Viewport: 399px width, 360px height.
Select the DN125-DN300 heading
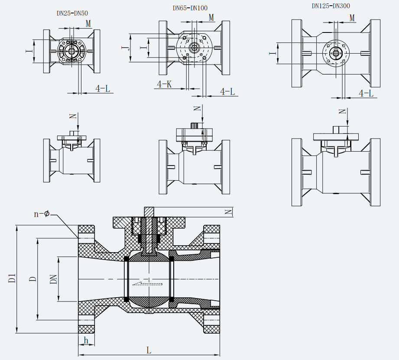click(331, 6)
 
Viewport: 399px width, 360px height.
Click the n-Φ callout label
click(42, 214)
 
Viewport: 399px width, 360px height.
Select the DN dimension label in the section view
click(54, 278)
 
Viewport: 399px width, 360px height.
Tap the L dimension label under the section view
click(149, 350)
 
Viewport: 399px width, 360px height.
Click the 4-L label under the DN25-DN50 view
click(103, 89)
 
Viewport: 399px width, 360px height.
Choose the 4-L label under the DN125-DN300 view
click(366, 93)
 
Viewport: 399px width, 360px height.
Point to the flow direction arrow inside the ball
click(147, 284)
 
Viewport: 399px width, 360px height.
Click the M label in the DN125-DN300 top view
click(352, 18)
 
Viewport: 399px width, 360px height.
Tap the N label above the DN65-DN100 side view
click(198, 108)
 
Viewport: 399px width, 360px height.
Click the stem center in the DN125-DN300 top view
click(336, 54)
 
